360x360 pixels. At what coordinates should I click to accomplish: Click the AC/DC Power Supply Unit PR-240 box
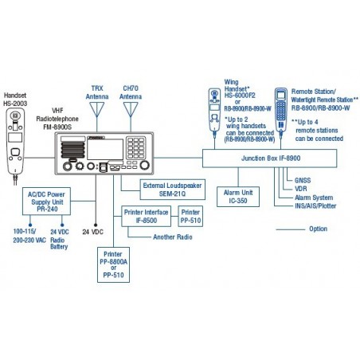tap(44, 198)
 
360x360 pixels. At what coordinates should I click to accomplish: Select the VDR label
tap(300, 188)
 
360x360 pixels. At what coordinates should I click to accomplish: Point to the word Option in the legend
tap(319, 229)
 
